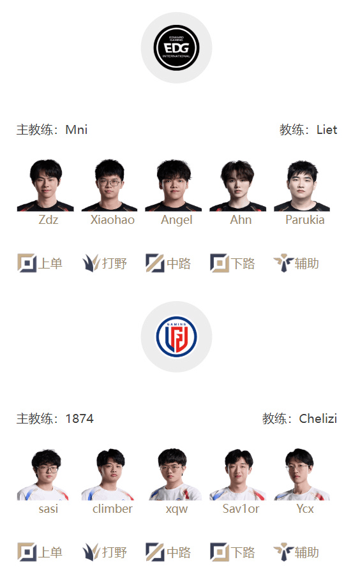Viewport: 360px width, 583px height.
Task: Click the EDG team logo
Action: point(176,48)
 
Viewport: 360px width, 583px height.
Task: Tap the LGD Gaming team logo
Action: point(176,337)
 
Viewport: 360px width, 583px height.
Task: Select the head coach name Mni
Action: point(76,129)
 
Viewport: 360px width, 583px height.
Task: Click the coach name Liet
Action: point(327,129)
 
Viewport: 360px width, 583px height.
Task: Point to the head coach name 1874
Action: point(79,418)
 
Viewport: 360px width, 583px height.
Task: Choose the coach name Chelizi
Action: point(318,418)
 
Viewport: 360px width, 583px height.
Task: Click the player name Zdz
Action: point(49,219)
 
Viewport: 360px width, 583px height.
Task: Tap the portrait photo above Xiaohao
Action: point(109,185)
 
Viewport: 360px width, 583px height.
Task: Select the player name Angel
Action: point(177,220)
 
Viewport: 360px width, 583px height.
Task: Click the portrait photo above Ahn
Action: point(237,185)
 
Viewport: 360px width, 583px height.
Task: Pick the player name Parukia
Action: point(305,219)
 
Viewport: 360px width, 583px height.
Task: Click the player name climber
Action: point(112,508)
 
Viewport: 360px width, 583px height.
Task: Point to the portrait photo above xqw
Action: point(174,474)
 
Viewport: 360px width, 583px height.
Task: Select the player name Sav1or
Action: point(241,508)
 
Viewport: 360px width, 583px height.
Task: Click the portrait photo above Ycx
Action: point(302,474)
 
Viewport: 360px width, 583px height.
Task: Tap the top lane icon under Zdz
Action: point(27,263)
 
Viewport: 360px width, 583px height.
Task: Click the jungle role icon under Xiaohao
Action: point(91,263)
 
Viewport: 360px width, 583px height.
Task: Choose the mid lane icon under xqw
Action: point(154,552)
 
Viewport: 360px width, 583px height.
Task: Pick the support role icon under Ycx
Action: point(283,552)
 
